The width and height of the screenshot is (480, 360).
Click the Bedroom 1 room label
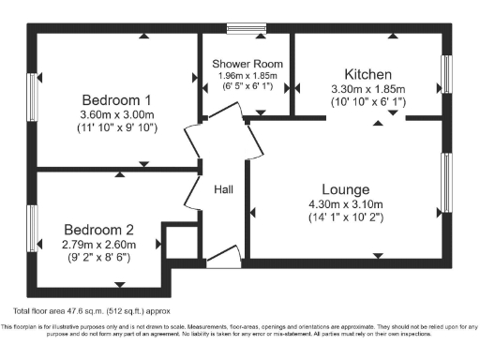point(115,99)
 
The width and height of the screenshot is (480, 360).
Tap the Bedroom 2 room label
point(99,229)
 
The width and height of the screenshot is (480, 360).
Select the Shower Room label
point(247,64)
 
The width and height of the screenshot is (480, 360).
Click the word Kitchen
point(367,74)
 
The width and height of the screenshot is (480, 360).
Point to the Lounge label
point(345,188)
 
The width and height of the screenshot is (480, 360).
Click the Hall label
point(224,188)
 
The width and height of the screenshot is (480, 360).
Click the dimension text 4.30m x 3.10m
point(345,203)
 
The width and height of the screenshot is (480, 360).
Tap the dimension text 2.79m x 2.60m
point(99,245)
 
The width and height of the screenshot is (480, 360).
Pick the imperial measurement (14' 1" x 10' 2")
point(345,217)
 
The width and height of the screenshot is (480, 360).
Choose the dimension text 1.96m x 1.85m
point(247,74)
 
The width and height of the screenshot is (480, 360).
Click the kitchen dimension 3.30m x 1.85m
point(367,90)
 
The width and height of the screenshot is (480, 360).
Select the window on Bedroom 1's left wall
point(30,99)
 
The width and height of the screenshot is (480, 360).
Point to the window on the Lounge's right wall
point(446,183)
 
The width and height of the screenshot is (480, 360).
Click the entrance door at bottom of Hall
point(220,255)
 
